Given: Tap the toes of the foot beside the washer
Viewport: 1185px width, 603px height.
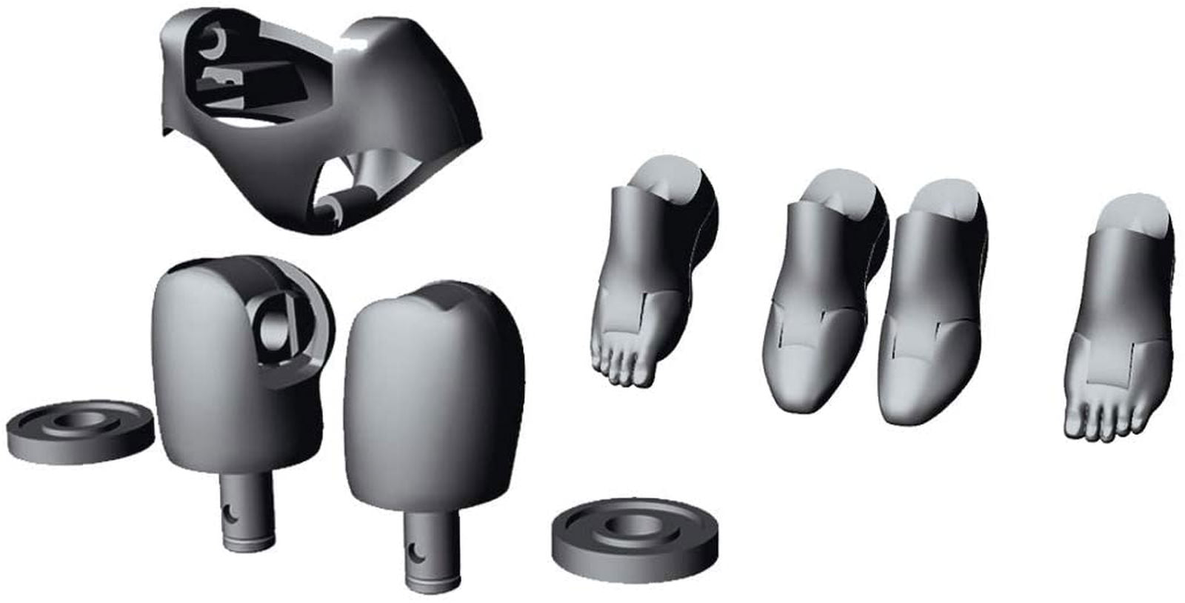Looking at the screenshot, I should pyautogui.click(x=622, y=367).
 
